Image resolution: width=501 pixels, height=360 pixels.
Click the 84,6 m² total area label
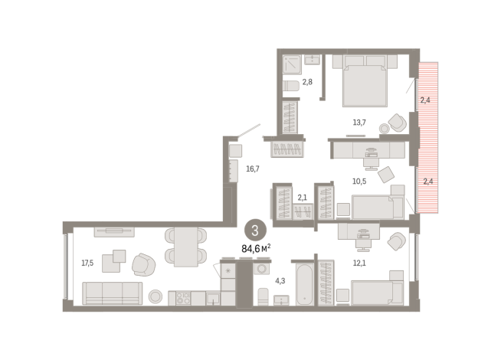(257, 248)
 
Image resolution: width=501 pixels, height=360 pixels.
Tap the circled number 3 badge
(255, 230)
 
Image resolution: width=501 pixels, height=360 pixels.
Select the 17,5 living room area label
(87, 263)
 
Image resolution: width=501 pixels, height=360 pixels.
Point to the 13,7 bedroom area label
(359, 123)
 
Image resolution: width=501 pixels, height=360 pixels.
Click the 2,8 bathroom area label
(307, 82)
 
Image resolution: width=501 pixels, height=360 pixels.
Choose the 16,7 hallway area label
(253, 169)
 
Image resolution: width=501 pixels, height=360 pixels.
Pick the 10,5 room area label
(359, 182)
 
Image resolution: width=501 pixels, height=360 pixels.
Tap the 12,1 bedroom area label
(359, 263)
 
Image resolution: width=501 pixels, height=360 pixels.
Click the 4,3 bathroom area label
(280, 281)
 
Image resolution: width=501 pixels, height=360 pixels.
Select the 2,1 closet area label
(303, 198)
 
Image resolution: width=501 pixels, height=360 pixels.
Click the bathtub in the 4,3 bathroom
(304, 284)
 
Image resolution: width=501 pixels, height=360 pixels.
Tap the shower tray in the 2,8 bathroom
(292, 64)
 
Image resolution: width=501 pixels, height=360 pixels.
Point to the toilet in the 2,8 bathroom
(291, 85)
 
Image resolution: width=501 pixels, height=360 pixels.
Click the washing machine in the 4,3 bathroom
(262, 269)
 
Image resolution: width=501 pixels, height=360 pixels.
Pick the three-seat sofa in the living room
(112, 293)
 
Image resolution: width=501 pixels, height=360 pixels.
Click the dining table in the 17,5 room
(186, 247)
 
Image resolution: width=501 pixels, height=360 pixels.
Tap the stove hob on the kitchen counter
(183, 299)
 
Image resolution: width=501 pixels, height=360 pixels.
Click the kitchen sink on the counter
(213, 299)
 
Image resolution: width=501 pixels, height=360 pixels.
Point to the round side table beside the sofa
(156, 296)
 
